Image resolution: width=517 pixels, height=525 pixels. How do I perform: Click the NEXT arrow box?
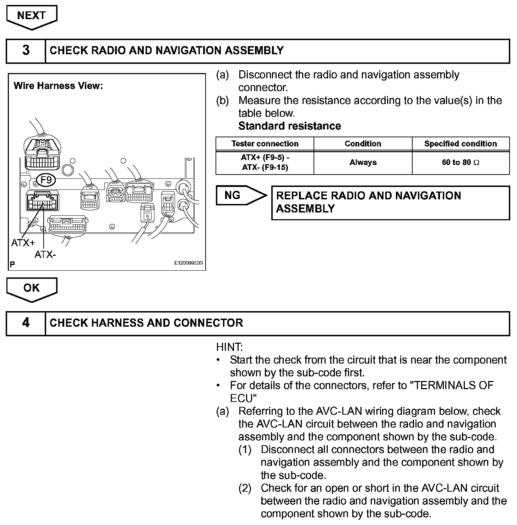[32, 16]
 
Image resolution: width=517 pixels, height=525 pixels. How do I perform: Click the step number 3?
[26, 50]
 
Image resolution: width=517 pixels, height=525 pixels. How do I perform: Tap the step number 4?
[26, 323]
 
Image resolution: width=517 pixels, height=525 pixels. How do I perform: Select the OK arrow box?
[32, 288]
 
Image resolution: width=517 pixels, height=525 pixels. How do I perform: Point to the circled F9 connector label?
[46, 181]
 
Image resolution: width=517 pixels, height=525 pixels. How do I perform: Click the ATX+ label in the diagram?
[23, 243]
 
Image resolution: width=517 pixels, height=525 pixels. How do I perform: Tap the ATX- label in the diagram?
[45, 254]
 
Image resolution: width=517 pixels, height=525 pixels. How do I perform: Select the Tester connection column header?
[265, 144]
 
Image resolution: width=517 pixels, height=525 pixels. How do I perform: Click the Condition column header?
[363, 144]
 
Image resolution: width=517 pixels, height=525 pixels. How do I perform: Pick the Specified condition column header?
[461, 144]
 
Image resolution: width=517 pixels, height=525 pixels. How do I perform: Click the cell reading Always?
[363, 162]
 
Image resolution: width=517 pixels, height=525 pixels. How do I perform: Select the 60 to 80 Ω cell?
[461, 162]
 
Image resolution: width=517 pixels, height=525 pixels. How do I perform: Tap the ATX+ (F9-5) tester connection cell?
[265, 162]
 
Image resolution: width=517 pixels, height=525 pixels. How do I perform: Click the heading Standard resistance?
[289, 126]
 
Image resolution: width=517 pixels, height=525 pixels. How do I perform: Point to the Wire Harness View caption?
[58, 86]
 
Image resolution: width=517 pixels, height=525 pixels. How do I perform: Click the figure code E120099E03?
[188, 263]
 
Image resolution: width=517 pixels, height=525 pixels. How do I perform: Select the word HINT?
[229, 347]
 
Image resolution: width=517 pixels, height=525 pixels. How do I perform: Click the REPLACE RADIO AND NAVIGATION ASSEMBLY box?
[390, 202]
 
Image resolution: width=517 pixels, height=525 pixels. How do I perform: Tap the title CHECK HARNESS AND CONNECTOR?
[146, 323]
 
